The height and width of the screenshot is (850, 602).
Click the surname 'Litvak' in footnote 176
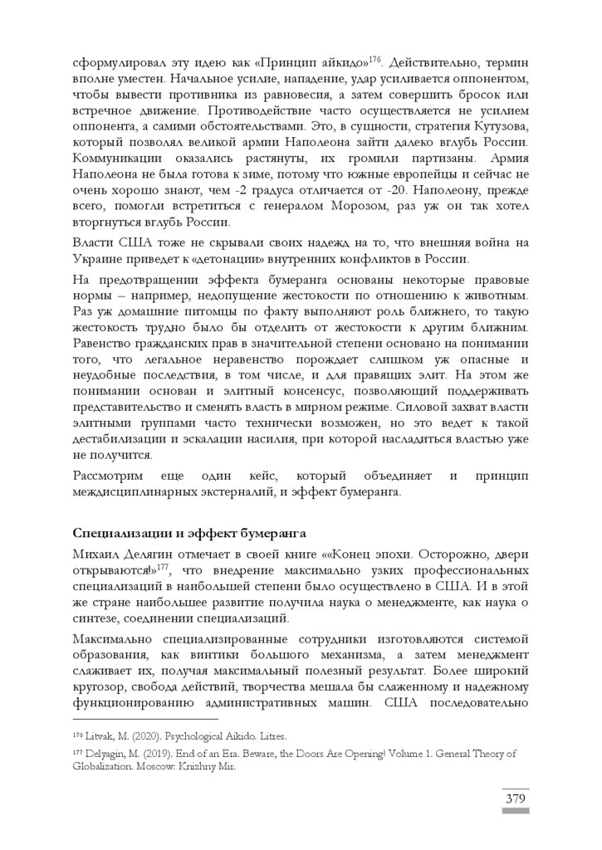pos(99,736)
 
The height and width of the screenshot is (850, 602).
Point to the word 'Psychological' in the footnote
pos(203,736)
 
